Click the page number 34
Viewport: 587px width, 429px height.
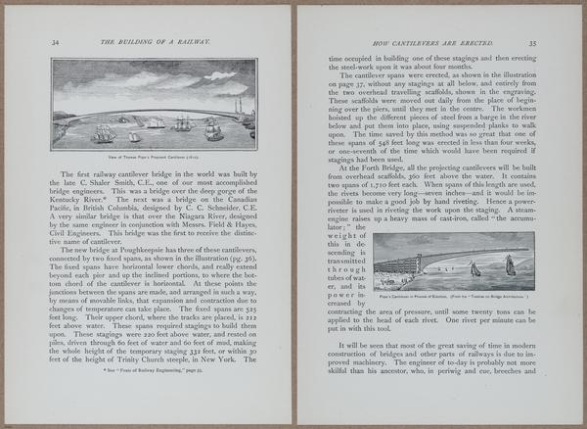[56, 43]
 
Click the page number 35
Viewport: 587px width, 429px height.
[532, 43]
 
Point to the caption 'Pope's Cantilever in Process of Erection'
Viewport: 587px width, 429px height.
[452, 293]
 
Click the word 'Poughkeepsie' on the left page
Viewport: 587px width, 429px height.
[149, 250]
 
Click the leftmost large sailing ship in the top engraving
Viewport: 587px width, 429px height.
[104, 132]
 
